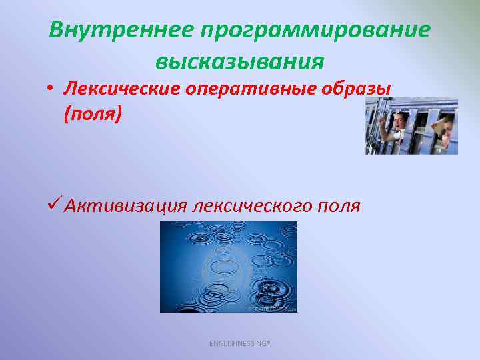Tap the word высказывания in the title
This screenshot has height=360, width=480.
[x=239, y=62]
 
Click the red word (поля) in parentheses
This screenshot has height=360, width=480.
[x=93, y=114]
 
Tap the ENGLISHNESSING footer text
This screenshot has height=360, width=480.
[x=239, y=343]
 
